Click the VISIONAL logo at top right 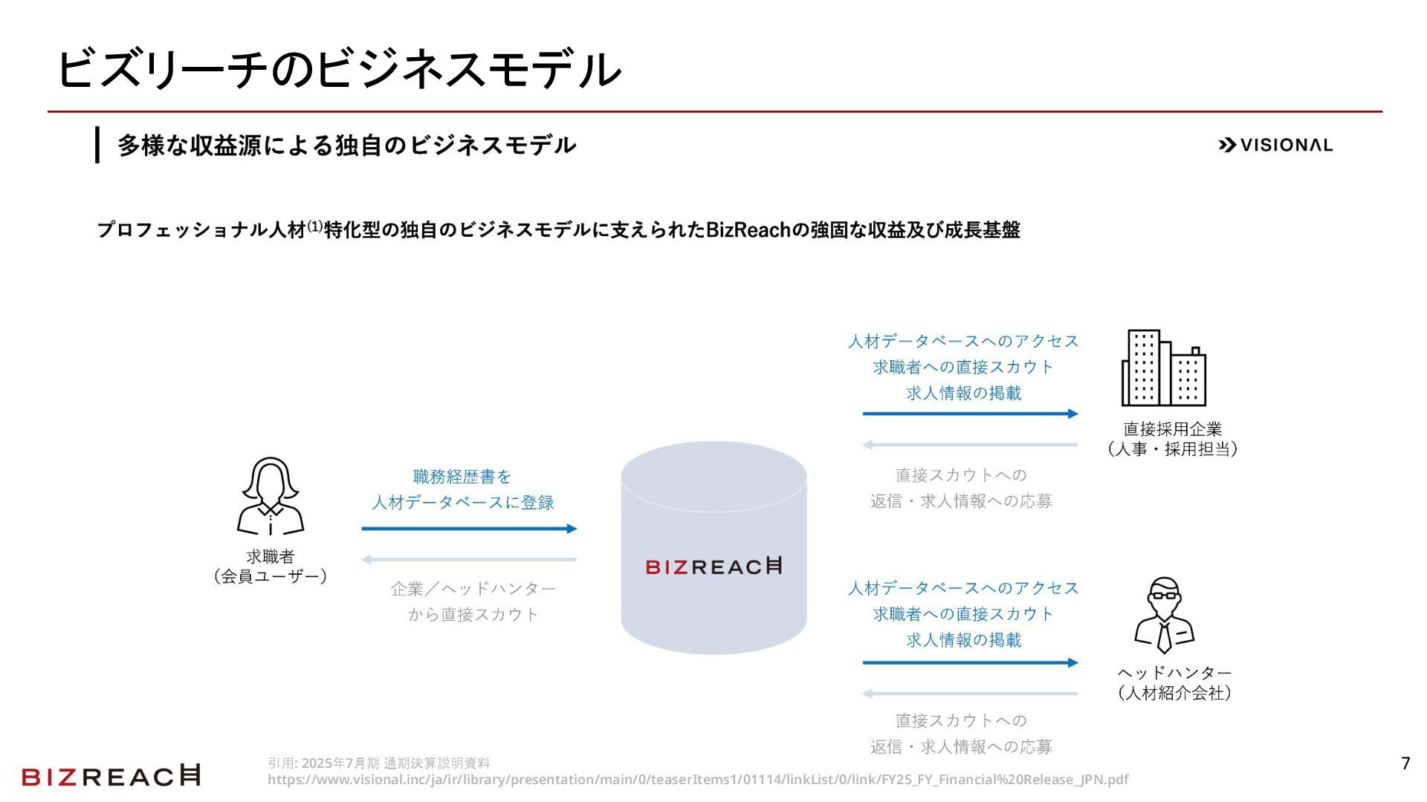[1275, 145]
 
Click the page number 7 [1405, 763]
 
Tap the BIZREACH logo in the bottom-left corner [111, 776]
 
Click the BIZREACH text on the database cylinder [713, 567]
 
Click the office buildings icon [1163, 368]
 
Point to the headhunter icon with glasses [1164, 615]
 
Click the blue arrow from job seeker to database [469, 529]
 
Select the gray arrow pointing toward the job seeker [469, 560]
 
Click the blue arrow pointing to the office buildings [970, 414]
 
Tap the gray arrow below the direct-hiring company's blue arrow [970, 446]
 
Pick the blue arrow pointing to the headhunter [970, 662]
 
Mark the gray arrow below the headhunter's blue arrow [970, 694]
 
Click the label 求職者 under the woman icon [271, 556]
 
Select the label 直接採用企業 [1172, 429]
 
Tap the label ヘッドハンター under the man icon [1174, 673]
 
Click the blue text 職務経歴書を [462, 477]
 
